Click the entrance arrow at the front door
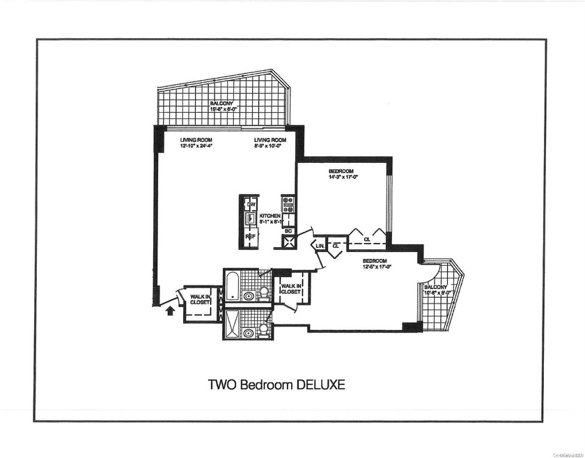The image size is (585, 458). click(169, 310)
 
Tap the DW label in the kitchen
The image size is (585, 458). click(250, 204)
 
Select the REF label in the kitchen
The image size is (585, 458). click(250, 236)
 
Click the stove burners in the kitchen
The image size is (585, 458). click(288, 205)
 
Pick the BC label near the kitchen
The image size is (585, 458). click(288, 230)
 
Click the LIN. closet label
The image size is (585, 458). click(320, 246)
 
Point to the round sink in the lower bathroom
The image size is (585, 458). click(248, 333)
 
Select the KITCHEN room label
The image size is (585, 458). click(270, 216)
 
